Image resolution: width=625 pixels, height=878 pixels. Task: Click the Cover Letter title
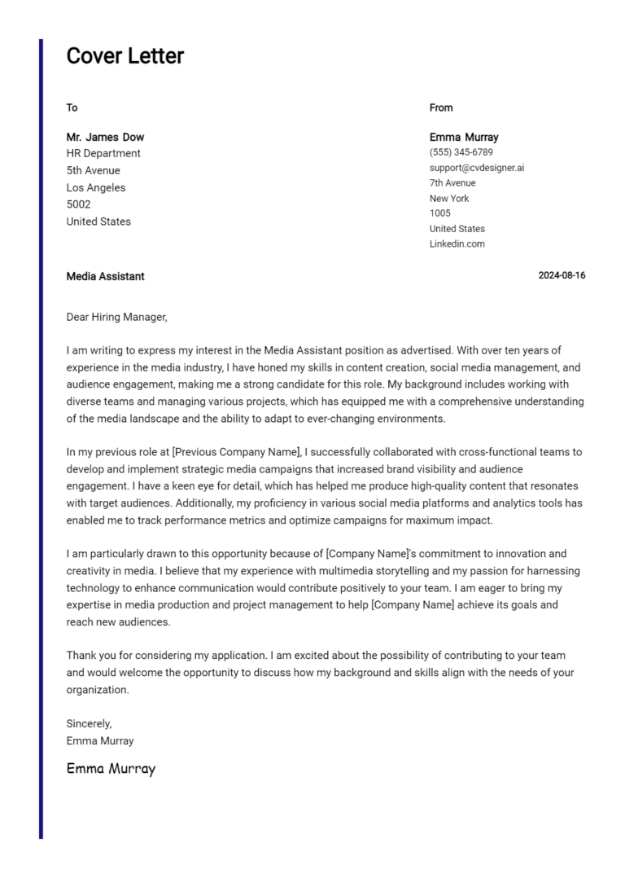pyautogui.click(x=125, y=56)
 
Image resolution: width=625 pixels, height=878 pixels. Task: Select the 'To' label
pyautogui.click(x=72, y=108)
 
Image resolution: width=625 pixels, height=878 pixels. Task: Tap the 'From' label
pyautogui.click(x=441, y=108)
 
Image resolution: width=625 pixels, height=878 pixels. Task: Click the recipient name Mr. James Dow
pyautogui.click(x=105, y=137)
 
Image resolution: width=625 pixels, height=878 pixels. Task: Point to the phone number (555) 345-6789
pyautogui.click(x=461, y=152)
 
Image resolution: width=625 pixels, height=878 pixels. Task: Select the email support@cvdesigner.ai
pyautogui.click(x=477, y=168)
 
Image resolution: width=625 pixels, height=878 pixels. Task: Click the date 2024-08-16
pyautogui.click(x=562, y=276)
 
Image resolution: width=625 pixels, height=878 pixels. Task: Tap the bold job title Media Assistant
pyautogui.click(x=105, y=276)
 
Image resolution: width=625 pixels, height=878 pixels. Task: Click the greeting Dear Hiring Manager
pyautogui.click(x=116, y=317)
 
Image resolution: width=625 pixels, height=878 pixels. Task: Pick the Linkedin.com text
pyautogui.click(x=457, y=244)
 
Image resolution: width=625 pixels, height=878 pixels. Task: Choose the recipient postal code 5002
pyautogui.click(x=78, y=204)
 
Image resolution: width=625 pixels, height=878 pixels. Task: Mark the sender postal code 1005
pyautogui.click(x=439, y=213)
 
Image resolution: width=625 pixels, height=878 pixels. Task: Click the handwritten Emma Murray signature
pyautogui.click(x=111, y=769)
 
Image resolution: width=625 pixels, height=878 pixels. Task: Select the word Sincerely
pyautogui.click(x=89, y=723)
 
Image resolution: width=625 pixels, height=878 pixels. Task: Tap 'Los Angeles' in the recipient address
pyautogui.click(x=95, y=187)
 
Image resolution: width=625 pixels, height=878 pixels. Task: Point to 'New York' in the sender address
pyautogui.click(x=449, y=199)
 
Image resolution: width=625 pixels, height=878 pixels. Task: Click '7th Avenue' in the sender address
pyautogui.click(x=452, y=183)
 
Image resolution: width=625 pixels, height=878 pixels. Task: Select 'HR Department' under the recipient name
pyautogui.click(x=103, y=153)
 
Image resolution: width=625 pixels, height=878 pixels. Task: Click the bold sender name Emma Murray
pyautogui.click(x=464, y=137)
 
